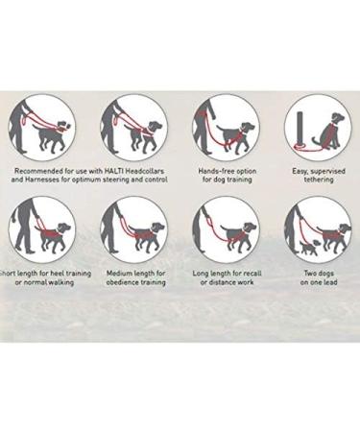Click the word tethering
pyautogui.click(x=315, y=180)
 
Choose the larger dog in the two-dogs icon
pyautogui.click(x=333, y=234)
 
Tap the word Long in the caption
pyautogui.click(x=201, y=273)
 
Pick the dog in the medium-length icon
pyautogui.click(x=148, y=233)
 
